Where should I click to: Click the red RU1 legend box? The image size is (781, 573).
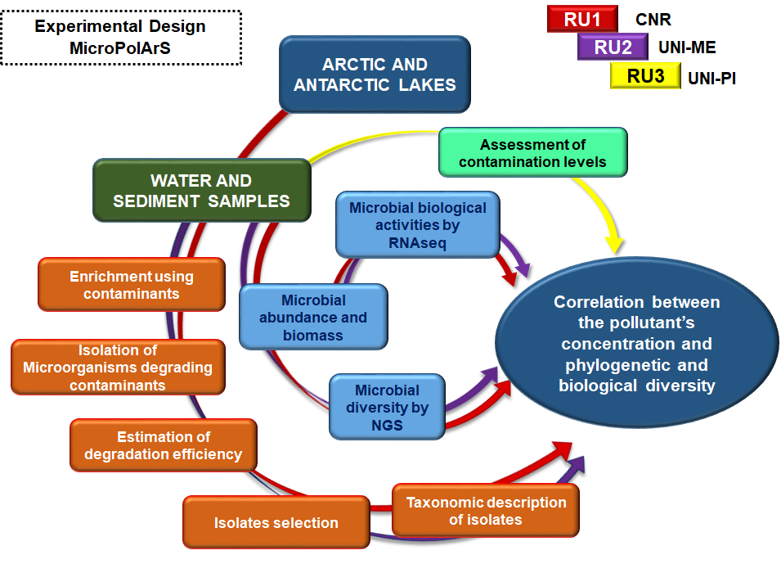pyautogui.click(x=582, y=19)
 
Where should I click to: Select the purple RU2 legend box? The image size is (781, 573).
pyautogui.click(x=613, y=47)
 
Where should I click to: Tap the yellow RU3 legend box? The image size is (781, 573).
pyautogui.click(x=645, y=76)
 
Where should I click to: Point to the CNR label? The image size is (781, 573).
pyautogui.click(x=653, y=20)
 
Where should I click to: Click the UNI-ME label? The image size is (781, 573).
pyautogui.click(x=687, y=47)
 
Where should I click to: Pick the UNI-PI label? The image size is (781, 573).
pyautogui.click(x=711, y=79)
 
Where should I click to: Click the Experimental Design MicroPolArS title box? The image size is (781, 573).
pyautogui.click(x=121, y=38)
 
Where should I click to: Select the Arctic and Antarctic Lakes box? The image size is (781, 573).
pyautogui.click(x=375, y=74)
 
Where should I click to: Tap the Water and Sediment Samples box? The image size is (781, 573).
pyautogui.click(x=202, y=190)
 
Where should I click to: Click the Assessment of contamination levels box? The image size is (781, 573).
pyautogui.click(x=533, y=152)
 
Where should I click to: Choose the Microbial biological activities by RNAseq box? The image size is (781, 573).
pyautogui.click(x=417, y=225)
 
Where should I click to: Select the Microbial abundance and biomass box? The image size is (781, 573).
pyautogui.click(x=313, y=317)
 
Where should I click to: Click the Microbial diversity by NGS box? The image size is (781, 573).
pyautogui.click(x=387, y=407)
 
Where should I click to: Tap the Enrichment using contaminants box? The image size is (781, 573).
pyautogui.click(x=132, y=285)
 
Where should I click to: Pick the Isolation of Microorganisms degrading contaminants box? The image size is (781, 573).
pyautogui.click(x=118, y=368)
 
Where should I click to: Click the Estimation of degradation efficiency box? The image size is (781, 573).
pyautogui.click(x=164, y=445)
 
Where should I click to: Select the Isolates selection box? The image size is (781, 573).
pyautogui.click(x=276, y=522)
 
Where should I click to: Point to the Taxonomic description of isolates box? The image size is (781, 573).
pyautogui.click(x=486, y=510)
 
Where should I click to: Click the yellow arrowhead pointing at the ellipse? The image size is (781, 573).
pyautogui.click(x=616, y=244)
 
